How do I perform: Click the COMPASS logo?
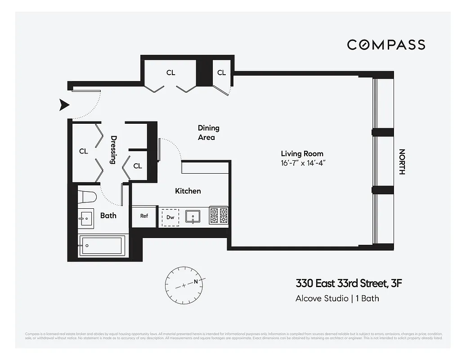386,45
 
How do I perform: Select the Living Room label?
302,153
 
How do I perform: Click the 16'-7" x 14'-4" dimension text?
302,163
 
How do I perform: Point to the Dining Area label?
208,133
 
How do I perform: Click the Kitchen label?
188,191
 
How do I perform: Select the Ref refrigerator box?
144,216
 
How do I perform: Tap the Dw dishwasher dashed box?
170,217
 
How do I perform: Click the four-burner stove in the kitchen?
219,216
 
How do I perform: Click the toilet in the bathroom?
87,197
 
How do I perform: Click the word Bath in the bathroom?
108,216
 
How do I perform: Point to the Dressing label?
113,150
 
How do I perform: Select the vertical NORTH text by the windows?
402,162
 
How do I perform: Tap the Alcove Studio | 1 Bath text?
337,298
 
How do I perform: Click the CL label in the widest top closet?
170,72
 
